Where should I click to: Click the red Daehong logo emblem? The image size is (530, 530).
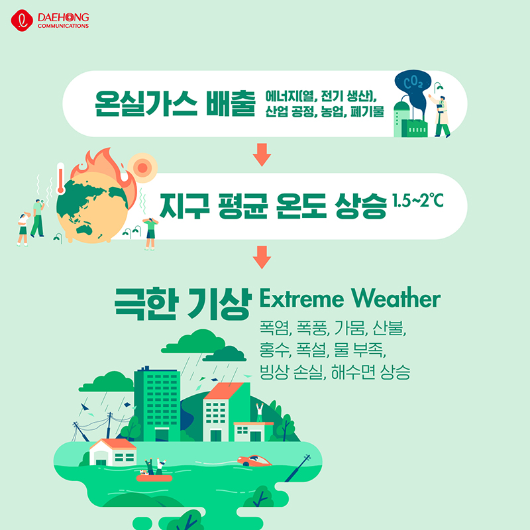[22, 21]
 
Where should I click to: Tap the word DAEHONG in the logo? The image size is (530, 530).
[63, 17]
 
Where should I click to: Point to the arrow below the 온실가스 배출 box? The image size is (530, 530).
[262, 154]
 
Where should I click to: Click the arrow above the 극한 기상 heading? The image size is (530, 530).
[262, 257]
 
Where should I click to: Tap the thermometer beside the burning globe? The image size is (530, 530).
[61, 178]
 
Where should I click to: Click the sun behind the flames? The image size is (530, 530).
[142, 168]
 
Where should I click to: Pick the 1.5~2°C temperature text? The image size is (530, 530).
[417, 201]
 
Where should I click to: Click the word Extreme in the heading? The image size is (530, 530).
[301, 298]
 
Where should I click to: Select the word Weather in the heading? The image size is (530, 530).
[396, 297]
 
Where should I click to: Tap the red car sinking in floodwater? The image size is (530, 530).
[254, 460]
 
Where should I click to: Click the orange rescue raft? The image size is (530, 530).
[154, 478]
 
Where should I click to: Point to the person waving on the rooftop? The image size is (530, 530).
[259, 412]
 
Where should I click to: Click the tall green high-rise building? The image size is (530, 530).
[157, 404]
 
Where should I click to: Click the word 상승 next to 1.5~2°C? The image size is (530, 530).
[360, 206]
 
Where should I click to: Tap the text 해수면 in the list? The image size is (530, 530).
[353, 372]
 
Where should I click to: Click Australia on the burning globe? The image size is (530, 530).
[85, 230]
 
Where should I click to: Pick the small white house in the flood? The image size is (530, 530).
[113, 452]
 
